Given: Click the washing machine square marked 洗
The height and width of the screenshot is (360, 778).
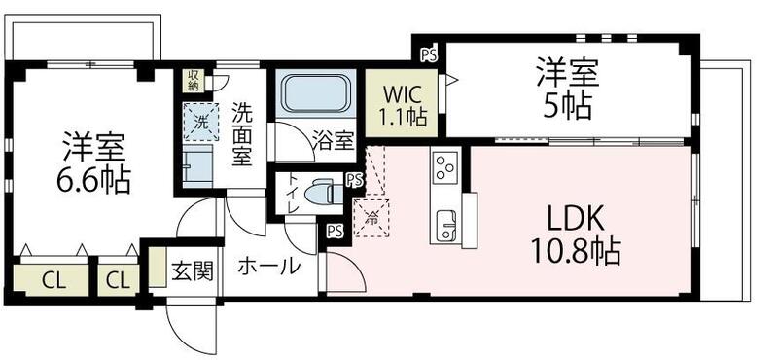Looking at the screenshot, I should click(x=200, y=124).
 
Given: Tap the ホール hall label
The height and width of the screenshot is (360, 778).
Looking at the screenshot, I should click(x=268, y=266).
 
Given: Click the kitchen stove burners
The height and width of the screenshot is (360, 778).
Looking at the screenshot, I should click(x=444, y=169).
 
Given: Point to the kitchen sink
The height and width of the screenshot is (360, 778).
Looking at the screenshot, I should click(x=447, y=224).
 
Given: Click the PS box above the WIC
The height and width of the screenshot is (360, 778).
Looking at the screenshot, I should click(x=427, y=54).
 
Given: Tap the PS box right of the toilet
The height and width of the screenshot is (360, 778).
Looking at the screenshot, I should click(x=354, y=180).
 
